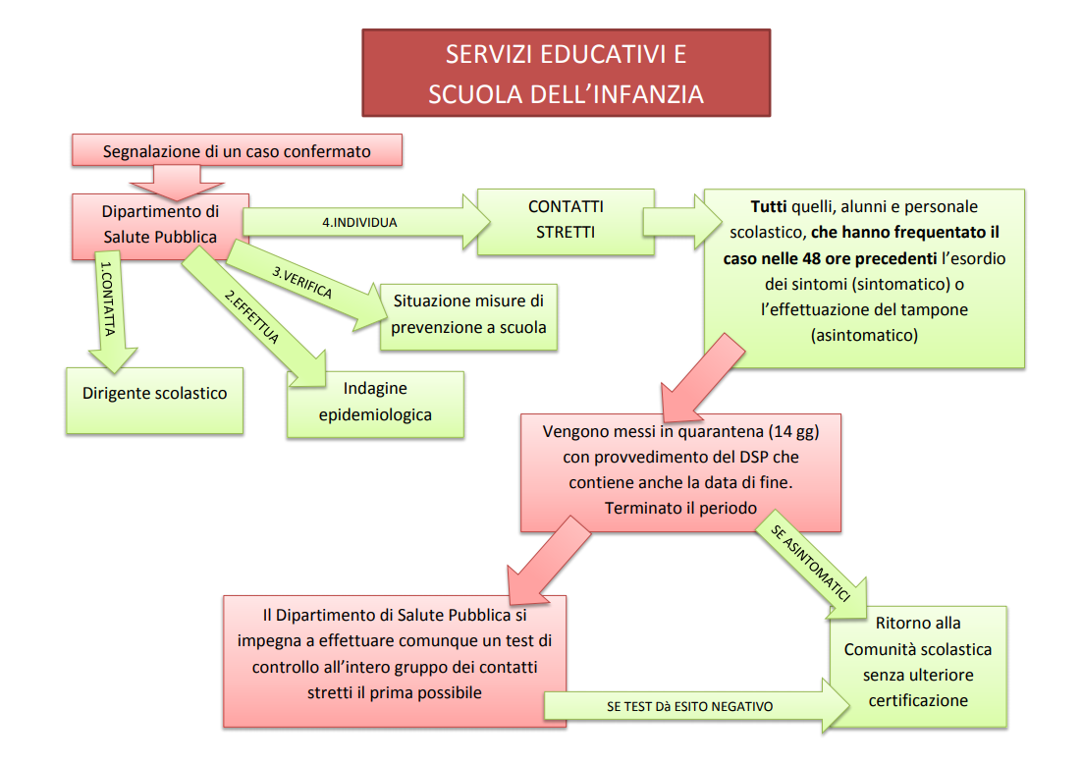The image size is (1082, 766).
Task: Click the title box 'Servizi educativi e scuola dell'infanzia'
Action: [x=566, y=73]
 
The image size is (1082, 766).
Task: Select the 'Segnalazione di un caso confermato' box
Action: [x=237, y=151]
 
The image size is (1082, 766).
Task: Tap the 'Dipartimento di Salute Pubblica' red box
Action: [x=160, y=224]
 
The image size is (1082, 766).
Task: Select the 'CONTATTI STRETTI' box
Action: [x=565, y=220]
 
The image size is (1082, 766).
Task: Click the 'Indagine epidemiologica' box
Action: [x=375, y=403]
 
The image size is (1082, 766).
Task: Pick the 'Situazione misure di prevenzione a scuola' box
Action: [x=469, y=314]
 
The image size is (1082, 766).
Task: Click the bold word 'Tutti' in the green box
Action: [x=769, y=207]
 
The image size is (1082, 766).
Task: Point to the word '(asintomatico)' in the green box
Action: [x=863, y=335]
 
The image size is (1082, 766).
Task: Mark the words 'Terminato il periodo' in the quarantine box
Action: [x=680, y=509]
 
